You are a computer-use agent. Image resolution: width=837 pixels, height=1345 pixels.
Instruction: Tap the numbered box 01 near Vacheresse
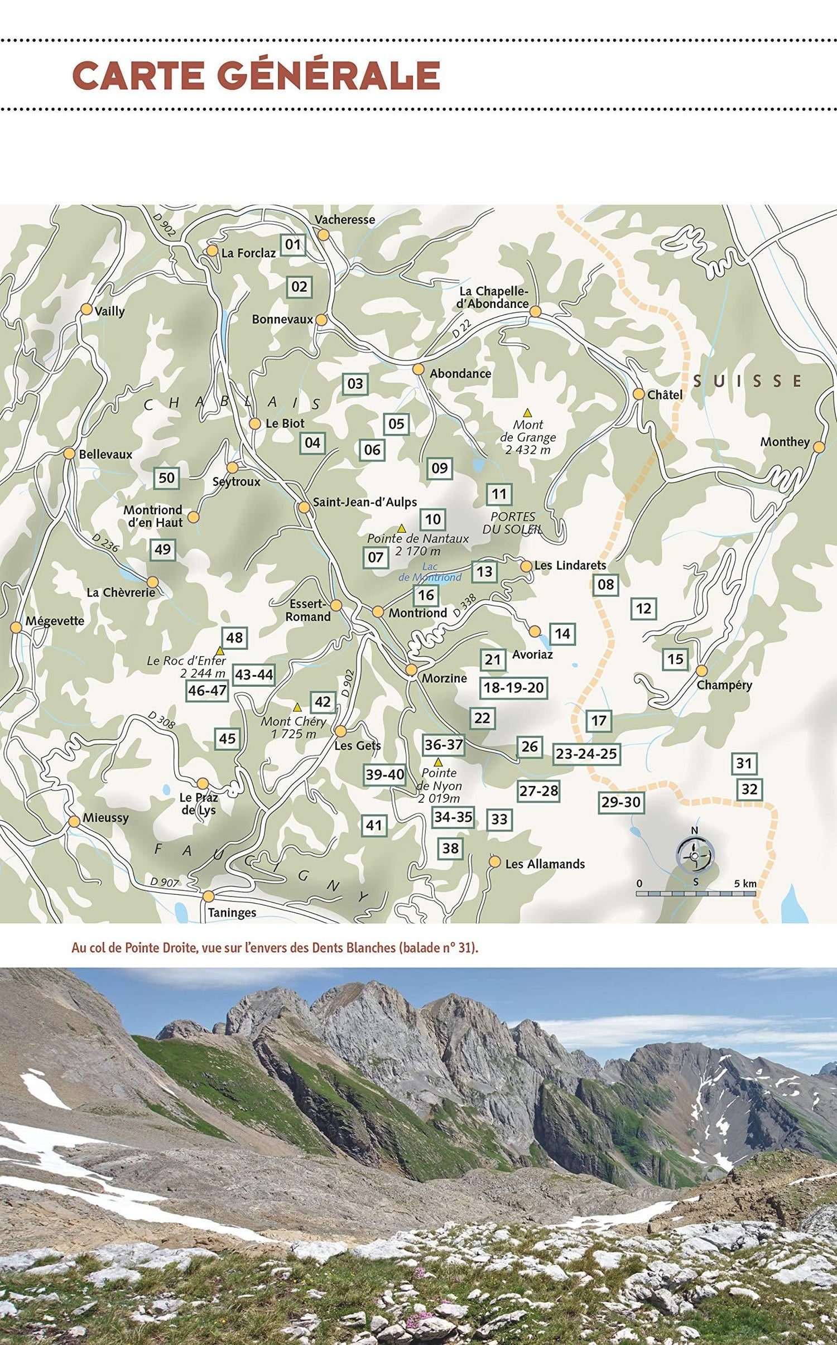293,244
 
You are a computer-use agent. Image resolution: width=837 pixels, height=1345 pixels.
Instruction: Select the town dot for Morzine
411,669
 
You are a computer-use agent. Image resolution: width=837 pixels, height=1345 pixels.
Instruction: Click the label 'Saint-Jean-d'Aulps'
365,502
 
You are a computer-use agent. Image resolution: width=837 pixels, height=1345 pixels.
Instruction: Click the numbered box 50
166,478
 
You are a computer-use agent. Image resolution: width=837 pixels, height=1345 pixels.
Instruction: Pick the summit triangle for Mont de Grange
527,413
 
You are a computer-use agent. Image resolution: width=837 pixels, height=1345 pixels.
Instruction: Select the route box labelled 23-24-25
586,754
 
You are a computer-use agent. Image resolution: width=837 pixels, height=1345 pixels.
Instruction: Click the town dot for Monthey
819,447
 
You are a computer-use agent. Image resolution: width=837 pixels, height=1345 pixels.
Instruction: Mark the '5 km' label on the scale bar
745,884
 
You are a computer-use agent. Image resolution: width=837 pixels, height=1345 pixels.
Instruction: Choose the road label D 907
165,882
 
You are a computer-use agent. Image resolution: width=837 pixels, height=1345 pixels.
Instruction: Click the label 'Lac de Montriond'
430,572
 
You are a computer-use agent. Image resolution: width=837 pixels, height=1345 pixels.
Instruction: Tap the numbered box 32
749,789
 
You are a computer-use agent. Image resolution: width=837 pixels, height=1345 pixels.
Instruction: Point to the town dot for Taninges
208,896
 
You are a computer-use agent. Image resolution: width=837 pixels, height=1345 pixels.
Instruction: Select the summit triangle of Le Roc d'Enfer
220,650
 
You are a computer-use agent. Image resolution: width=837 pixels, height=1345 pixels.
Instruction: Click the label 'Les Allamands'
545,864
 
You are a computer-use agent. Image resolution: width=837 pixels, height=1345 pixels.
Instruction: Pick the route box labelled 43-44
254,675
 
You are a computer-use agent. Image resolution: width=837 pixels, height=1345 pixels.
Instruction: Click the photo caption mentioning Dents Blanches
275,948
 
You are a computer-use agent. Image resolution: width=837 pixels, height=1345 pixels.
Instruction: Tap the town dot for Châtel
639,394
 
